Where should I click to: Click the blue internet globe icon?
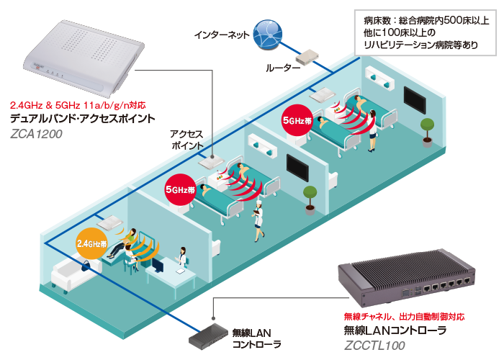(x=268, y=34)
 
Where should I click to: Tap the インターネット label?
(x=222, y=35)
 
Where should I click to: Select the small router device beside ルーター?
(x=307, y=58)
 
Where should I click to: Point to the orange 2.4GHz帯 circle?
(x=92, y=243)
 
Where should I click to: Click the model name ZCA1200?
(x=36, y=134)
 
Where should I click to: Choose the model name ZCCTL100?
(x=374, y=346)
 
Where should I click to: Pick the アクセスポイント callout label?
(x=186, y=139)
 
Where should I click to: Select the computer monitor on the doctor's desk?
(x=158, y=265)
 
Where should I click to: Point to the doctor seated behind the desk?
(x=182, y=257)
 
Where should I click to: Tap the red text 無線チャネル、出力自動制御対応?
(x=404, y=317)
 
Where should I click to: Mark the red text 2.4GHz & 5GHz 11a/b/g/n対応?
(x=78, y=105)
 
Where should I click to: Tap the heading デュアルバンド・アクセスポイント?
(x=83, y=118)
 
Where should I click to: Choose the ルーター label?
(x=283, y=68)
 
